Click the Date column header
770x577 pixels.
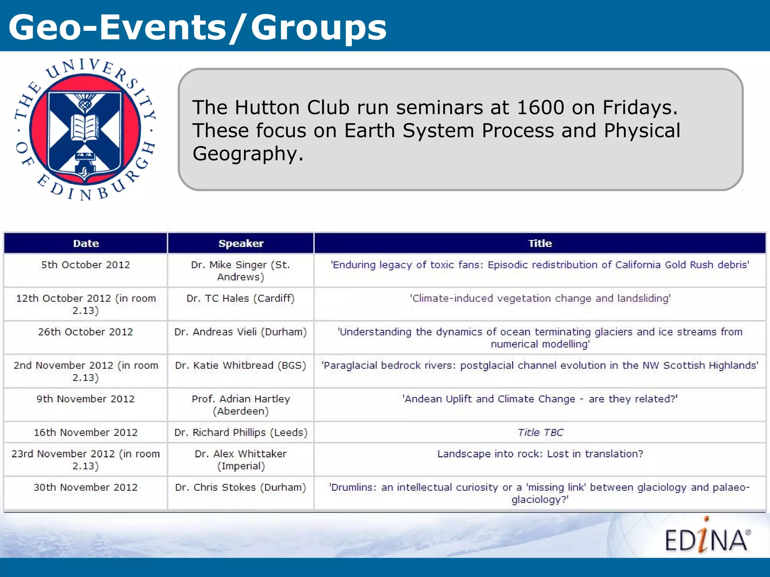click(x=86, y=243)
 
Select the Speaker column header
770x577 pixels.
click(x=241, y=243)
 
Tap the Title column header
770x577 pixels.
click(x=540, y=243)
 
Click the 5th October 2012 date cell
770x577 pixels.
click(x=86, y=265)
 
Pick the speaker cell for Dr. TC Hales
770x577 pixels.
click(x=241, y=299)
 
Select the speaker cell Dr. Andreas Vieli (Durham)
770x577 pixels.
click(x=241, y=332)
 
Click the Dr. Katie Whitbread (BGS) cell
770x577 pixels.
click(x=241, y=366)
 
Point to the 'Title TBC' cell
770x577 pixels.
click(x=540, y=432)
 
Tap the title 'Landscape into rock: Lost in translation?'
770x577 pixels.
click(x=540, y=454)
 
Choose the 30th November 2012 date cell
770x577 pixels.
click(x=86, y=488)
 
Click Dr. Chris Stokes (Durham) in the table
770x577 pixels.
click(x=241, y=488)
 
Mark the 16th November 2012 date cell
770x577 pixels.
click(x=86, y=432)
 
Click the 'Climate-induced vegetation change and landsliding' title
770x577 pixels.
click(x=540, y=299)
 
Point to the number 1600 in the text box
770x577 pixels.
click(x=540, y=107)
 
